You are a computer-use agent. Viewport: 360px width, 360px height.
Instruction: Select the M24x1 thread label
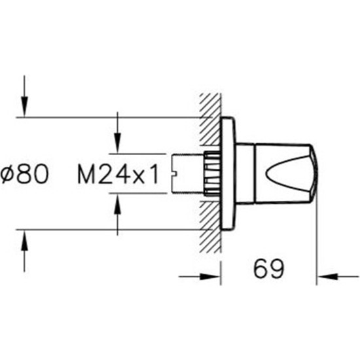118,174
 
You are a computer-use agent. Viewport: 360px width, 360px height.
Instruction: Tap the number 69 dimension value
268,268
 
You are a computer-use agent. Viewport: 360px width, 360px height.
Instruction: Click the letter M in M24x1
85,174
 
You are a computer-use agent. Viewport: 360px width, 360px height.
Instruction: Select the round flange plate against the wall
227,173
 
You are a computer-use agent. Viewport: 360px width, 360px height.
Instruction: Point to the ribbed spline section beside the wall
211,173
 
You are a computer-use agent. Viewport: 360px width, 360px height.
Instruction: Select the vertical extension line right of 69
317,249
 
